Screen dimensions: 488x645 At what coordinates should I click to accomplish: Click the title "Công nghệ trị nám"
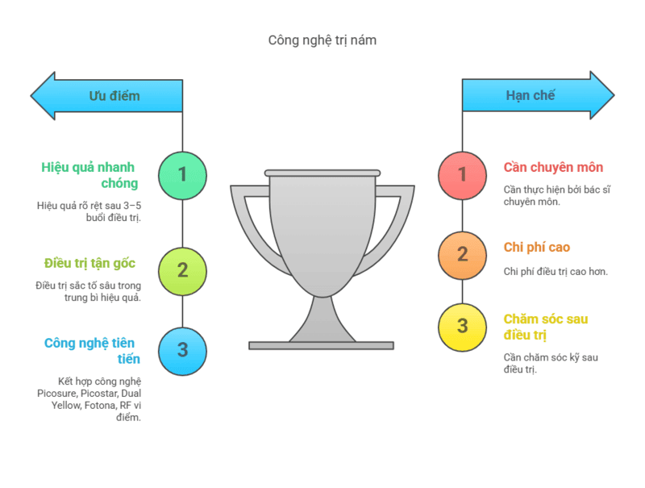(x=322, y=40)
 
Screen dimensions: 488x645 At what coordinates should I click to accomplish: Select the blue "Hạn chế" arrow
(x=537, y=96)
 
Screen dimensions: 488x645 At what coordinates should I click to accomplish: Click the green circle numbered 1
(x=182, y=175)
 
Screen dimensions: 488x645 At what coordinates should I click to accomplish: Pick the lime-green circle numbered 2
(x=182, y=270)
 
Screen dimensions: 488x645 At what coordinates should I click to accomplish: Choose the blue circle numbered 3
(x=182, y=350)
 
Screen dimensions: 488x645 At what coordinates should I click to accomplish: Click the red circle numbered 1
(x=462, y=175)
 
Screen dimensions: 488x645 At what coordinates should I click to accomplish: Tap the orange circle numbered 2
(x=462, y=255)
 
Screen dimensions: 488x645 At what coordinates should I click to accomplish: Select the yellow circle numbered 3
(x=462, y=327)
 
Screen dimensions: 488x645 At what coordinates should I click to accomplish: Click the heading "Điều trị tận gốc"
(x=89, y=263)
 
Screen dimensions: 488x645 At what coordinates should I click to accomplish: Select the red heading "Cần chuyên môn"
(x=553, y=168)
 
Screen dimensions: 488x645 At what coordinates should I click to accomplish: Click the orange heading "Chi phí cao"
(x=537, y=247)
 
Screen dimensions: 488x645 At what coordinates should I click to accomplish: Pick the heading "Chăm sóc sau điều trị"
(x=546, y=327)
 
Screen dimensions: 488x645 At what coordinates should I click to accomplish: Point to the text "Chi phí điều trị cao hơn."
(x=556, y=271)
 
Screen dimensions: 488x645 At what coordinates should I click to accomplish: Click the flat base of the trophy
(x=321, y=345)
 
